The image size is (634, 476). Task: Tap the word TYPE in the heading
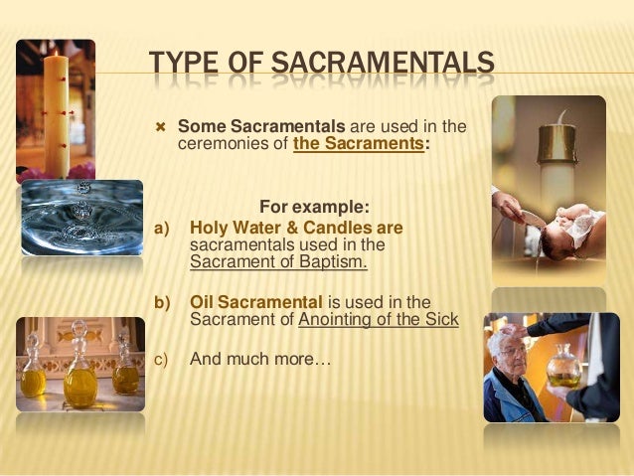[x=185, y=67]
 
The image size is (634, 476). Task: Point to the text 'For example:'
[x=314, y=207]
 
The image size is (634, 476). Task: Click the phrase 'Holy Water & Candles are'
[x=296, y=228]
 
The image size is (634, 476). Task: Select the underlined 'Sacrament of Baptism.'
[x=278, y=262]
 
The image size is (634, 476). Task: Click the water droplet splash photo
[x=81, y=217]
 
